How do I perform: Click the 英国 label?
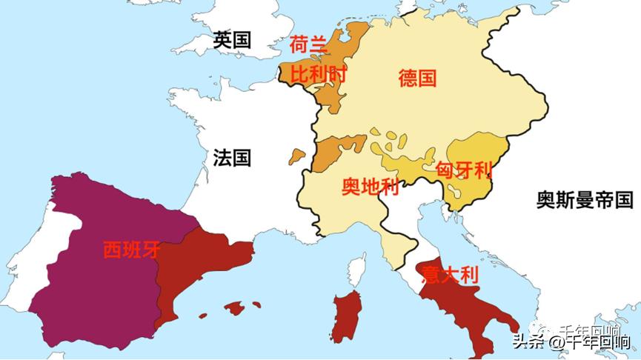coord(232,40)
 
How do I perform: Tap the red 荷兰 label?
coord(308,46)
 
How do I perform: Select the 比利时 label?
coord(319,74)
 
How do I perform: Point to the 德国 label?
coord(417,78)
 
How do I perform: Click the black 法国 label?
coord(232,158)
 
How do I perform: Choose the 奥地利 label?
coord(371,187)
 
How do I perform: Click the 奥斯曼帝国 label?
coord(585,199)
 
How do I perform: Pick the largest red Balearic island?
coord(236,307)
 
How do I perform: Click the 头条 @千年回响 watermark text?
coord(571,342)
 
